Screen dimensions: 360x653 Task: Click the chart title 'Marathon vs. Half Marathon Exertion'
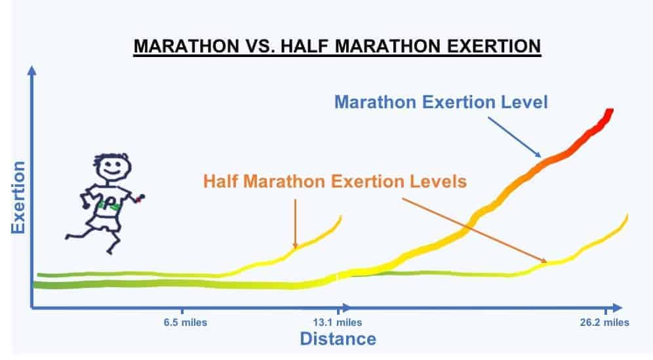337,47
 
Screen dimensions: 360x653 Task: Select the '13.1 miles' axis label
339,323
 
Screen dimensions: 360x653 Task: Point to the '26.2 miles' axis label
603,323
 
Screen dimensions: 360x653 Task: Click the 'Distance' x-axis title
338,339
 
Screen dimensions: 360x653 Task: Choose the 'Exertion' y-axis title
18,196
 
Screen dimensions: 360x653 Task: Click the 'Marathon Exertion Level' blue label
441,102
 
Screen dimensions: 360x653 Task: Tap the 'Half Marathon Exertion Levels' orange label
335,181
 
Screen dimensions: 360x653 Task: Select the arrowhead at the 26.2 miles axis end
617,306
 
